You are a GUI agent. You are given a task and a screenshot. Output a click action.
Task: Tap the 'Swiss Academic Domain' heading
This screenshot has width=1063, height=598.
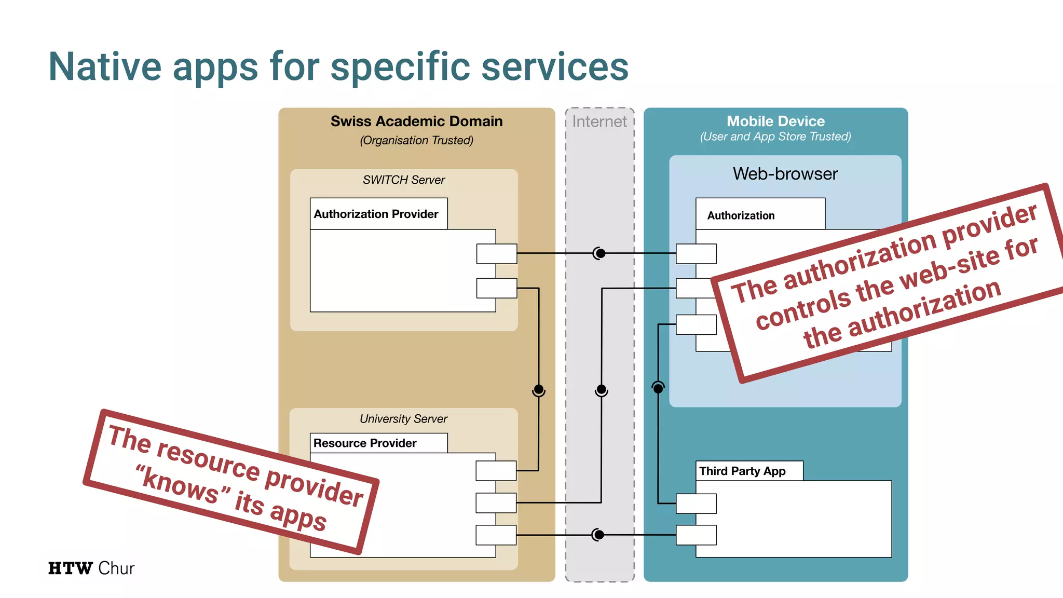click(416, 121)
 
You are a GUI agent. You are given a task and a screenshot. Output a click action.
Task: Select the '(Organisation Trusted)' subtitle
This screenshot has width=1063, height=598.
click(416, 140)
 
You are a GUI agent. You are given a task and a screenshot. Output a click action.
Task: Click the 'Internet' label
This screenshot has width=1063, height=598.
click(599, 121)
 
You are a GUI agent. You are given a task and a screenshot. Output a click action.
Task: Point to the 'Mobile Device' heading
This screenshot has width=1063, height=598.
click(775, 121)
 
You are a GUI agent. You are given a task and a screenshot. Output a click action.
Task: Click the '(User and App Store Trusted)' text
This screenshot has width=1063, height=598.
click(775, 137)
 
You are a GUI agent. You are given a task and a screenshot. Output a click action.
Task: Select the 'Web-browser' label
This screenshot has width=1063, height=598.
click(785, 173)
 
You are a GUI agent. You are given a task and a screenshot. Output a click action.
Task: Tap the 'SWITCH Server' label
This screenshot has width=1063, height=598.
click(404, 180)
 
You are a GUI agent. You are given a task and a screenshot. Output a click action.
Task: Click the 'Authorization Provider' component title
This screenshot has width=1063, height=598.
click(376, 214)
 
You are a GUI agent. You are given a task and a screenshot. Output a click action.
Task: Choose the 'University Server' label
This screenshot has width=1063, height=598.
click(403, 418)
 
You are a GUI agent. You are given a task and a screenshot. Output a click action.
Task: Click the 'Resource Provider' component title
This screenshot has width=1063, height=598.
click(364, 443)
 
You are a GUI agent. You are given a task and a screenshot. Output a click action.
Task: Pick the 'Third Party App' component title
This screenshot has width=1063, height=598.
click(742, 471)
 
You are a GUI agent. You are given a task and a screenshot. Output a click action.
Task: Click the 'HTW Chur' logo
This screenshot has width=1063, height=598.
click(91, 568)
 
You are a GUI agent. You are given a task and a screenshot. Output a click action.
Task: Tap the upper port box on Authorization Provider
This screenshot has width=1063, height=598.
click(497, 254)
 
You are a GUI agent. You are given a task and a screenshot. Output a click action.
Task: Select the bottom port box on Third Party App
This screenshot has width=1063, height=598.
click(696, 535)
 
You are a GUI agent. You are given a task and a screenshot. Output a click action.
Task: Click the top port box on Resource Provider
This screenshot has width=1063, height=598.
click(496, 470)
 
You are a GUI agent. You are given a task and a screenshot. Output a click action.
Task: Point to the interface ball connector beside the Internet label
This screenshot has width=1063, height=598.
click(600, 253)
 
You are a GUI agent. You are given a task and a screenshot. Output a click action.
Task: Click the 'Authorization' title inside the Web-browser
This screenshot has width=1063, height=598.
click(741, 215)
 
